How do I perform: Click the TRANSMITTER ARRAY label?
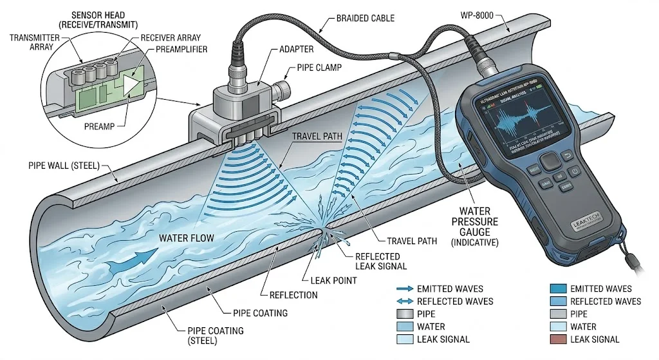(33, 42)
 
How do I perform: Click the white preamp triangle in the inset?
(133, 86)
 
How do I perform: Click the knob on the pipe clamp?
(281, 88)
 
